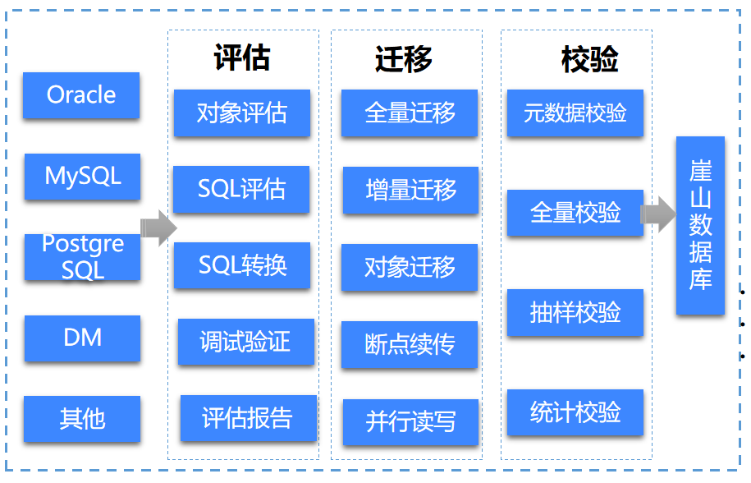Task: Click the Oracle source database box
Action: [81, 95]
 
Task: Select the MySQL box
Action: [82, 176]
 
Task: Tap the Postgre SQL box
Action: [82, 257]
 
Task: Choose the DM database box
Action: [82, 338]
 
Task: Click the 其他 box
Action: [82, 419]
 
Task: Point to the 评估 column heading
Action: [242, 58]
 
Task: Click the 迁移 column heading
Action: [404, 60]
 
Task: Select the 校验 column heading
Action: [590, 60]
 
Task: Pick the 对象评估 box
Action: [242, 113]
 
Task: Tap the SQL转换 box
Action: [242, 265]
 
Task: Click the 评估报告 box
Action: [248, 418]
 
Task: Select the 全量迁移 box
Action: [410, 113]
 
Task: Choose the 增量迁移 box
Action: [410, 191]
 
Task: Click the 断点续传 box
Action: [410, 344]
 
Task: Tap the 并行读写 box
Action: [410, 422]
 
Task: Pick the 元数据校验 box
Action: [575, 113]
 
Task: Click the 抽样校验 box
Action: [575, 313]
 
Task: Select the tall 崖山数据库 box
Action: [700, 226]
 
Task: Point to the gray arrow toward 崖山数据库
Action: [657, 214]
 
